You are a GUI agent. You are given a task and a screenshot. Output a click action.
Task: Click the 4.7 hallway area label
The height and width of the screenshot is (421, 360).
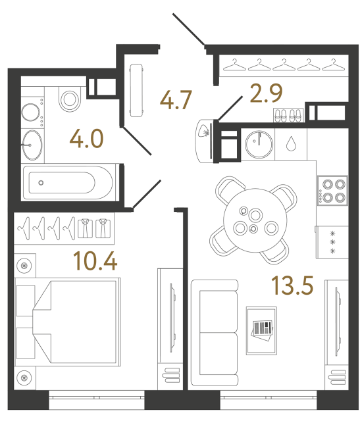coord(176,101)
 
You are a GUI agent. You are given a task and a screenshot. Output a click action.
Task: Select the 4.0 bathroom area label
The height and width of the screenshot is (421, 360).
coord(87,140)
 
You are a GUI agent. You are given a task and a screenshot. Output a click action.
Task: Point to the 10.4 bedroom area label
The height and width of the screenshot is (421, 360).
coord(96,262)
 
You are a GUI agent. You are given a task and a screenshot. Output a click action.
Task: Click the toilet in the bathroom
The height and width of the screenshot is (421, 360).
coord(68,98)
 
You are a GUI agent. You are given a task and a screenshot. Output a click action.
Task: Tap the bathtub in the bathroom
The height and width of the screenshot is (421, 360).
coord(68,182)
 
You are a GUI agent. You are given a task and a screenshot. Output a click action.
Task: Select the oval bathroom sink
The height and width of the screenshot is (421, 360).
coord(31,144)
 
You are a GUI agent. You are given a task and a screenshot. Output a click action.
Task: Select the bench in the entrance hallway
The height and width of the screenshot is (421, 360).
coord(138,89)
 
